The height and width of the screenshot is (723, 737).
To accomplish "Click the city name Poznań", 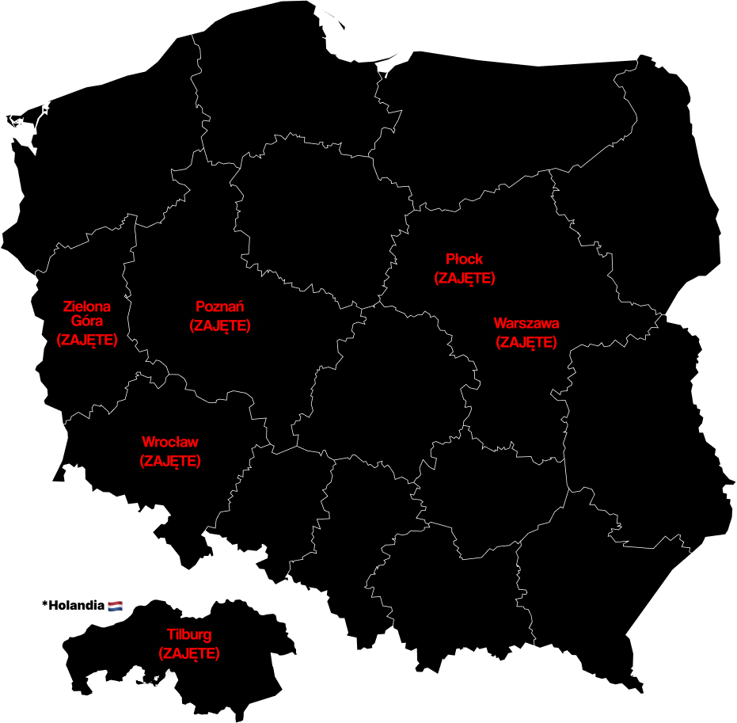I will [219, 307].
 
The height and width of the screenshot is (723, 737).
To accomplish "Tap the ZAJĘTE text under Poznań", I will [219, 325].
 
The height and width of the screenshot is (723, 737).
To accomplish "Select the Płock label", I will [464, 260].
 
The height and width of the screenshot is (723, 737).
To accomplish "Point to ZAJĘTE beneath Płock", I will [464, 278].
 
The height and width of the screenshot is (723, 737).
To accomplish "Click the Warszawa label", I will [526, 324].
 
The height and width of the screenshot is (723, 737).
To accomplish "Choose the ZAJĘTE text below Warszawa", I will [526, 342].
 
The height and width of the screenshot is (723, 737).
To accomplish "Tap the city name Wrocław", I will [170, 442].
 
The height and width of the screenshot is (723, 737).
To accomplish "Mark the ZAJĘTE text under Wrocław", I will [170, 461].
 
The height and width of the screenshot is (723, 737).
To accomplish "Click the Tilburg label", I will [189, 635].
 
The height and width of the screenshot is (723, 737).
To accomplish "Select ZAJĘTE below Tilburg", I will [189, 654].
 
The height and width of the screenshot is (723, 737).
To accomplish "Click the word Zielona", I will [87, 306].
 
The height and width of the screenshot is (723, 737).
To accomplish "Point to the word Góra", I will [87, 322].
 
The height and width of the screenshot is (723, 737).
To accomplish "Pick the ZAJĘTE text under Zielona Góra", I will [87, 340].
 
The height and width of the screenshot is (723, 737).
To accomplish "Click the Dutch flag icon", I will [116, 607].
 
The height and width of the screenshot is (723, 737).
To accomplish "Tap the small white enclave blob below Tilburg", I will [159, 679].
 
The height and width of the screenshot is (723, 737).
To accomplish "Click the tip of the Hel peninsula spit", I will [345, 29].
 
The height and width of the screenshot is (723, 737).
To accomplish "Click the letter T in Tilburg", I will [171, 635].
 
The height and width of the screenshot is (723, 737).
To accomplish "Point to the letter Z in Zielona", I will [67, 306].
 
